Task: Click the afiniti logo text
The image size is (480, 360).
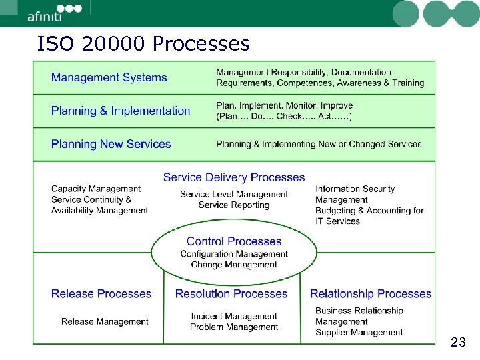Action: click(x=45, y=17)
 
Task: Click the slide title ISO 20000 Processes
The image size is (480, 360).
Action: click(x=144, y=44)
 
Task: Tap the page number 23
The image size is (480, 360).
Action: click(x=458, y=343)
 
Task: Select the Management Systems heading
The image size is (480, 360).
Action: click(x=109, y=77)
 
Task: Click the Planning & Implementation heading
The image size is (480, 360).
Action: click(x=121, y=111)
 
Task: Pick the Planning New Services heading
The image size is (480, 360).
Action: click(x=111, y=144)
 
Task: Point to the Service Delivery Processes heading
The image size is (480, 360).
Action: click(x=234, y=177)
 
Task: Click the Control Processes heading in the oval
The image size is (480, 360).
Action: click(x=234, y=241)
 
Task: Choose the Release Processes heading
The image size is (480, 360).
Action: click(x=101, y=293)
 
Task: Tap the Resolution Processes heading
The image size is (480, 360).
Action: click(x=231, y=293)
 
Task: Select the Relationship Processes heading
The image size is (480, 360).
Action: click(x=371, y=293)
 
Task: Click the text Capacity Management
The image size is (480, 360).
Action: click(x=96, y=189)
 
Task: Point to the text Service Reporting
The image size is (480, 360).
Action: click(x=234, y=205)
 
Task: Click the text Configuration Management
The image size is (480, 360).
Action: click(x=234, y=254)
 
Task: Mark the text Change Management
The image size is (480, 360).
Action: click(x=234, y=265)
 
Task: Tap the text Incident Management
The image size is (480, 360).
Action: click(x=234, y=316)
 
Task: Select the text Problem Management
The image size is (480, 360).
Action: click(x=234, y=327)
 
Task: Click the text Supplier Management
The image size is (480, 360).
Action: click(x=359, y=332)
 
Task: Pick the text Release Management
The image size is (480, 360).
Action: click(x=105, y=321)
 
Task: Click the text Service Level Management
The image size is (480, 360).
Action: click(x=234, y=195)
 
